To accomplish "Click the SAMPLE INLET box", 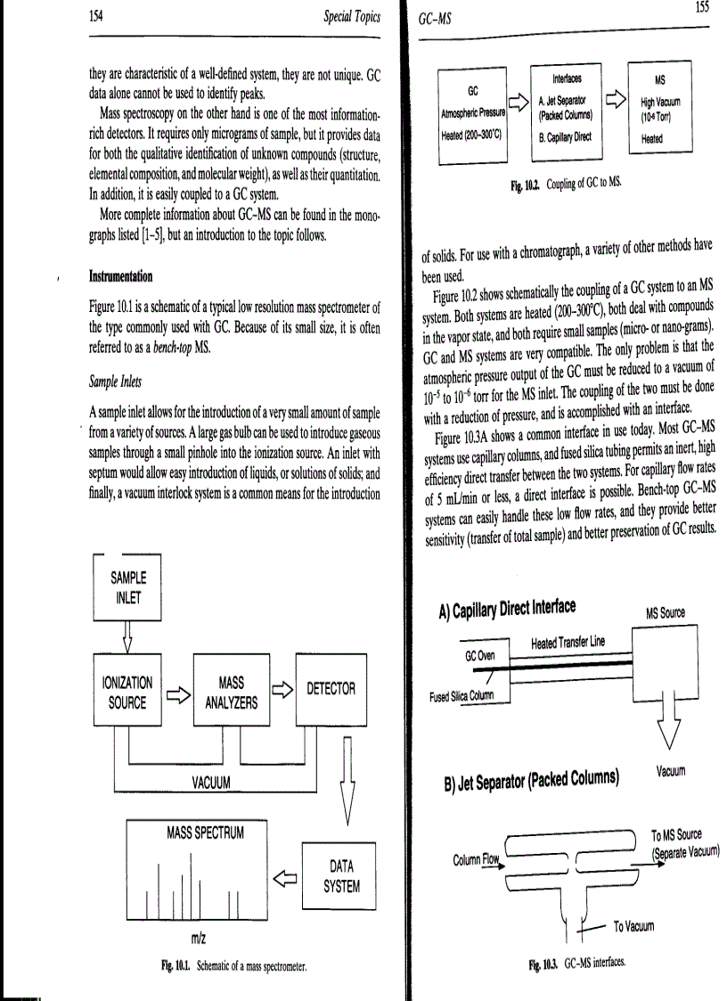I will tap(128, 587).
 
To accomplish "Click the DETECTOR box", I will tap(331, 688).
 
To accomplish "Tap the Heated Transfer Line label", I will tap(567, 644).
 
